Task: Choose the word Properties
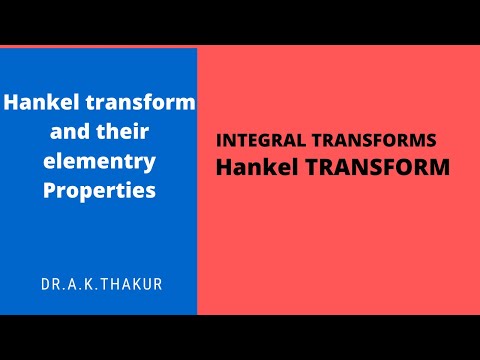point(100,189)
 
